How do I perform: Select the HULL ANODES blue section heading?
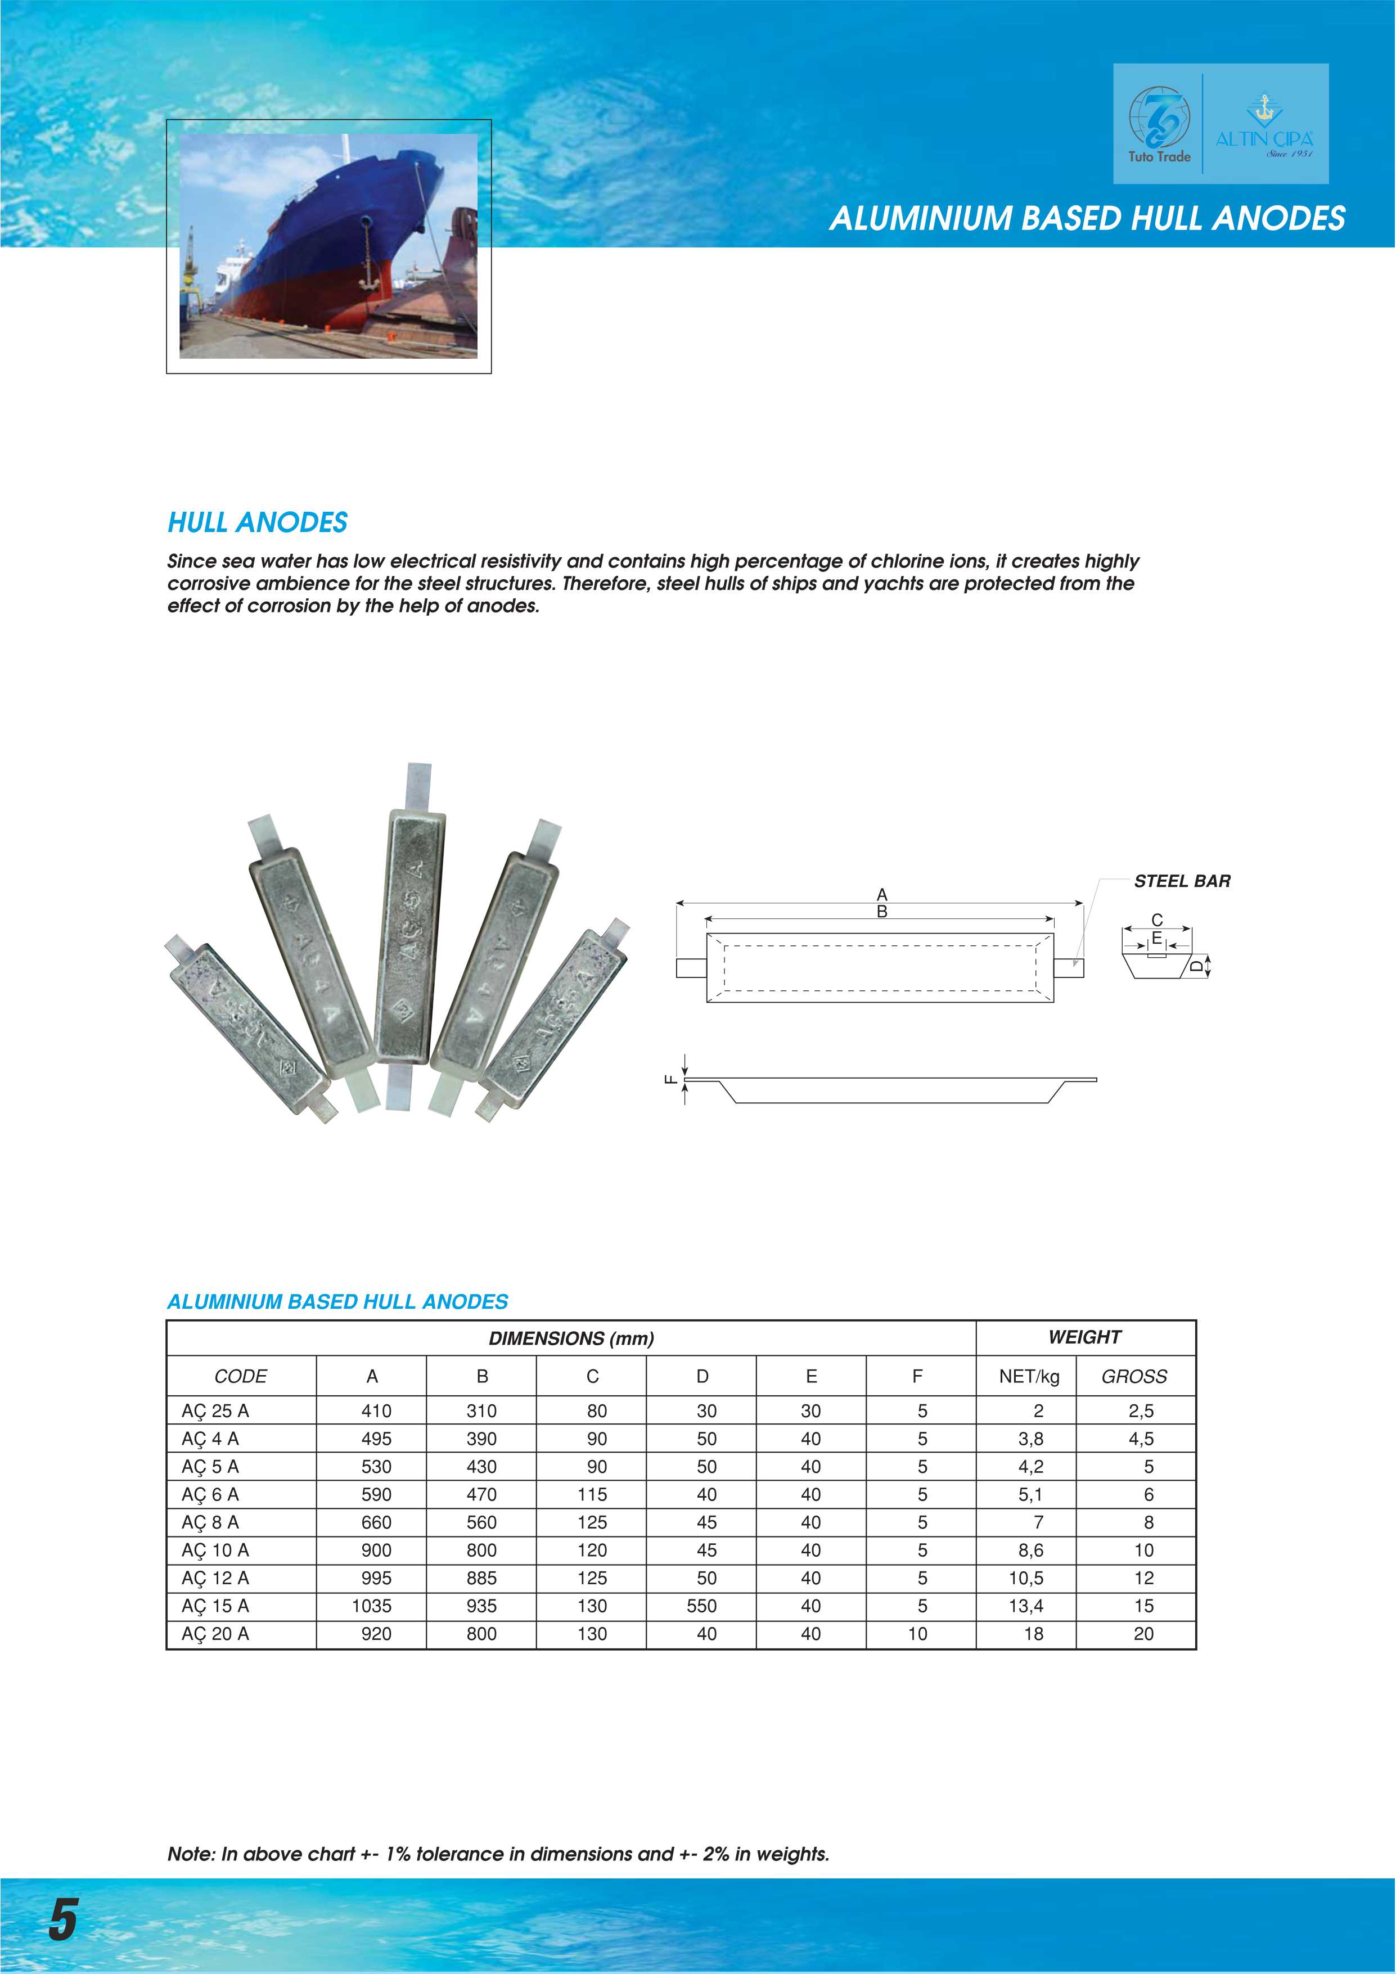pyautogui.click(x=257, y=522)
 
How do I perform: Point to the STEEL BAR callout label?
pyautogui.click(x=1182, y=881)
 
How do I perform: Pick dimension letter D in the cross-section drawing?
pyautogui.click(x=1196, y=966)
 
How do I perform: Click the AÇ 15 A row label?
pyautogui.click(x=215, y=1606)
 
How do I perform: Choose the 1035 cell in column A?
pyautogui.click(x=371, y=1606)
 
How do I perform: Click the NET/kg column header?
pyautogui.click(x=1029, y=1377)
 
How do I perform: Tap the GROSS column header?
pyautogui.click(x=1134, y=1377)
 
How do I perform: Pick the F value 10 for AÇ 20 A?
pyautogui.click(x=917, y=1634)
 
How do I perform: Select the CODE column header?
pyautogui.click(x=241, y=1377)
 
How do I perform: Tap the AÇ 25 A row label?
pyautogui.click(x=215, y=1411)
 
